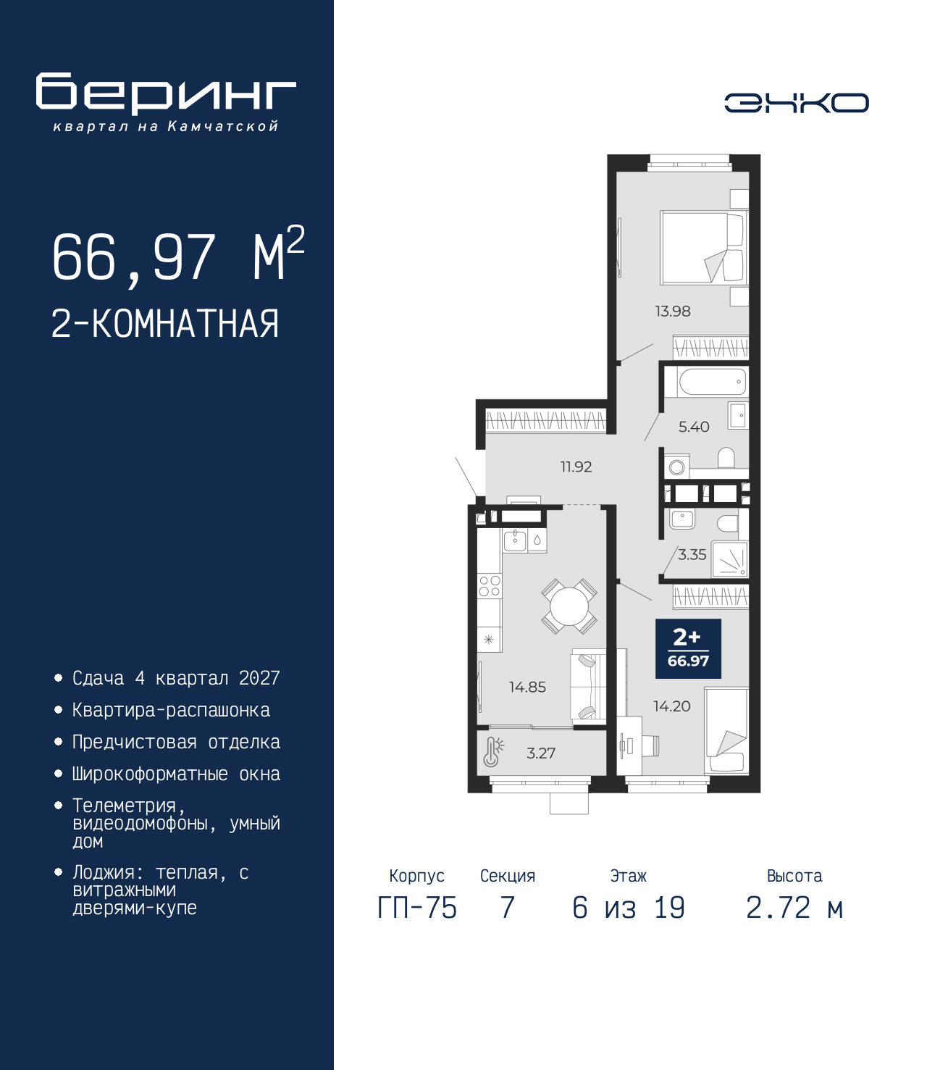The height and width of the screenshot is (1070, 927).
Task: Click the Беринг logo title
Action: pyautogui.click(x=166, y=93)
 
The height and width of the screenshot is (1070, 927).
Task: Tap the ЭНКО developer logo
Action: pyautogui.click(x=796, y=103)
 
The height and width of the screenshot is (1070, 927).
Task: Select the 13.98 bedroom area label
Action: pyautogui.click(x=672, y=312)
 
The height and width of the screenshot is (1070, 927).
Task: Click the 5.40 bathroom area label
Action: pyautogui.click(x=693, y=427)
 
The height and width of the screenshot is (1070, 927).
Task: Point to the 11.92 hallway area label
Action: pyautogui.click(x=576, y=467)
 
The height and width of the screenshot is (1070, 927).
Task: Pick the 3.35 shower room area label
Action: pyautogui.click(x=692, y=555)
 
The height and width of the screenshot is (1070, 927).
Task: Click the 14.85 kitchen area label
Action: pyautogui.click(x=527, y=687)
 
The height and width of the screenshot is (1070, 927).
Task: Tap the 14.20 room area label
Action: pyautogui.click(x=671, y=706)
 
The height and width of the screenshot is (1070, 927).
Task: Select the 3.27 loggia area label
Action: pyautogui.click(x=541, y=753)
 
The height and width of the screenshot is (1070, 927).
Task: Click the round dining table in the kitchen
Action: pyautogui.click(x=569, y=606)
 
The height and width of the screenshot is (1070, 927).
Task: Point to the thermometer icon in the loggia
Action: pyautogui.click(x=492, y=752)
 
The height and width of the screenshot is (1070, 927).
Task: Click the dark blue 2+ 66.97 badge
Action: pyautogui.click(x=688, y=648)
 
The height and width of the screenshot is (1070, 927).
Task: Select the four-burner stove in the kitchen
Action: pyautogui.click(x=490, y=585)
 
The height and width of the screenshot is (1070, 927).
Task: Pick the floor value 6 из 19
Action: pyautogui.click(x=628, y=908)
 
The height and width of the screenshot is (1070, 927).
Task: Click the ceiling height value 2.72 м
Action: pyautogui.click(x=794, y=908)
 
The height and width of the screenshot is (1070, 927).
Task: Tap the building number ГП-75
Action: pyautogui.click(x=417, y=908)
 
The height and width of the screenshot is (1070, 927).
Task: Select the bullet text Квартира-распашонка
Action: pyautogui.click(x=171, y=711)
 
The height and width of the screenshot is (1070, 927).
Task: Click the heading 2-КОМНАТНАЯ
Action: pyautogui.click(x=165, y=324)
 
